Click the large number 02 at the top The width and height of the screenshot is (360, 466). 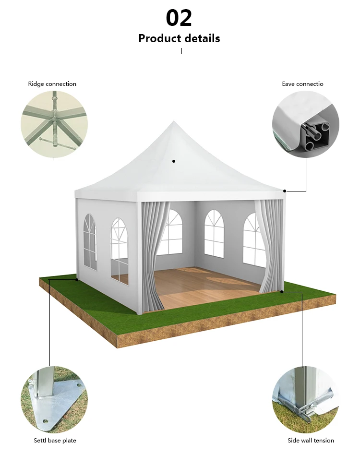point(179,18)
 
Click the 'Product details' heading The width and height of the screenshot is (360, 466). point(179,38)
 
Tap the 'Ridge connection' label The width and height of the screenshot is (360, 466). point(52,84)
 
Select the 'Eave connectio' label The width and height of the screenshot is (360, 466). point(302,84)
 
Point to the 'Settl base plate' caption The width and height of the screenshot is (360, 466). point(55,441)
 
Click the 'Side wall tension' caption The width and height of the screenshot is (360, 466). point(311,441)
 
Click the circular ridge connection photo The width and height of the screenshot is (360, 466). point(54,124)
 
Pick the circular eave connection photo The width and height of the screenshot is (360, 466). point(306,124)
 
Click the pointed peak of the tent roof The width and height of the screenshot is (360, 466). point(173,123)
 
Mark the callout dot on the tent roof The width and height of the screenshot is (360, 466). point(174,161)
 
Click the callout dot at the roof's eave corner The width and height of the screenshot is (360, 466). point(285,191)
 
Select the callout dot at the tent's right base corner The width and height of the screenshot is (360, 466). point(282,291)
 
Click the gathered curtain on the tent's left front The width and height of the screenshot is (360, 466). point(153,250)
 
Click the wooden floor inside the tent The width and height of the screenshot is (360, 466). point(206,286)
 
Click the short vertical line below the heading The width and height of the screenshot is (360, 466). point(181,50)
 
